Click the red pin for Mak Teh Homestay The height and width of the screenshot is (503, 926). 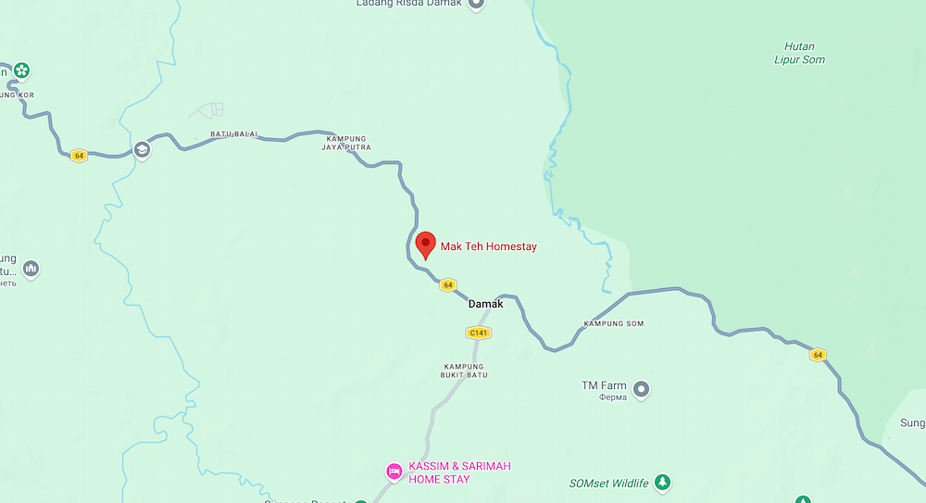pos(425,244)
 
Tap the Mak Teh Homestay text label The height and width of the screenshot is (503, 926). pos(488,246)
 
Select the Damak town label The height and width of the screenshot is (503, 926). pos(486,304)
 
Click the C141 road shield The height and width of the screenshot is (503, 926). pos(478,333)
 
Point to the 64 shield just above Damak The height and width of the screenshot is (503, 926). pos(448,285)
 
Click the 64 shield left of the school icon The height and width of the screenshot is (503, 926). pos(79,156)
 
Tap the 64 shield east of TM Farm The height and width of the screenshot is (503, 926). pos(817,355)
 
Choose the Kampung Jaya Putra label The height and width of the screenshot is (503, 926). pos(345,142)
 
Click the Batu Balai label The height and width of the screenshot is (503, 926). pos(234,134)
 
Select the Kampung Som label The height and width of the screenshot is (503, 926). pos(613,324)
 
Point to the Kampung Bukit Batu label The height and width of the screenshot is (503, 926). pos(465,371)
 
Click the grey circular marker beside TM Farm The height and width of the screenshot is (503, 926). pos(642,387)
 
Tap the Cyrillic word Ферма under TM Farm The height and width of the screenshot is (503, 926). pos(613,397)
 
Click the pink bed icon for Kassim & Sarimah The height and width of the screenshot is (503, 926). pos(394,472)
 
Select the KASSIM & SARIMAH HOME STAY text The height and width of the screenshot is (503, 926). pos(459,472)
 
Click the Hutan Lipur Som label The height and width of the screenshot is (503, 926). pos(799,53)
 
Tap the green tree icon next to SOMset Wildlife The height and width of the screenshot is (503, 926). pos(662,482)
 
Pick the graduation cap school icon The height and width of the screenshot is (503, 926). pos(142,149)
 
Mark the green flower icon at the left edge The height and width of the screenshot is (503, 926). pos(21,70)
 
